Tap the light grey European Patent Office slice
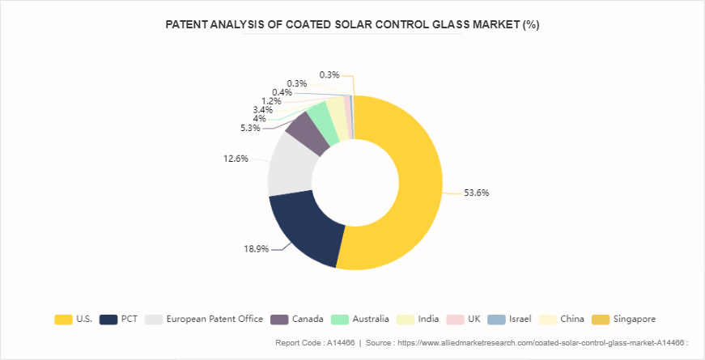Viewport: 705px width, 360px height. tap(287, 166)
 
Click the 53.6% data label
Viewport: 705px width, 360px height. tap(476, 193)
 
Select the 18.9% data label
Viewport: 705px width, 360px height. tap(256, 249)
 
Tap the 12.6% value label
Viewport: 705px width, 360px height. tap(236, 159)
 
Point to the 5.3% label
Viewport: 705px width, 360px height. tap(250, 128)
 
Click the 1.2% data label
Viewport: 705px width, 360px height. tap(271, 101)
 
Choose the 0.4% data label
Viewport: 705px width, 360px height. tap(282, 92)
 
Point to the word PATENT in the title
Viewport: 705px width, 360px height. tap(189, 24)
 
